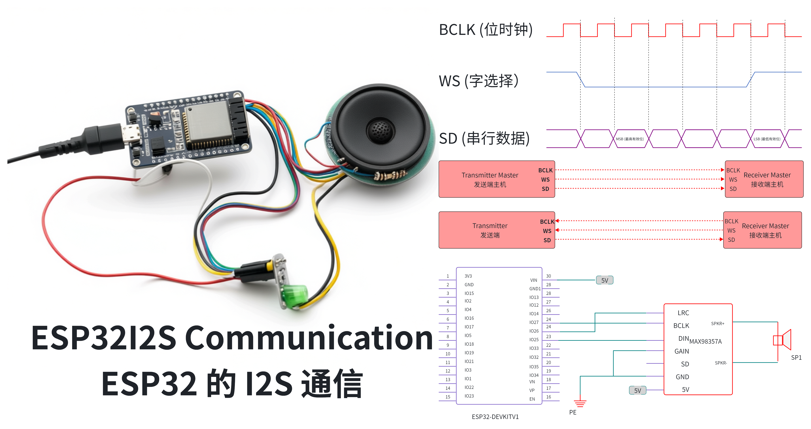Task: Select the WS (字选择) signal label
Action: coord(479,81)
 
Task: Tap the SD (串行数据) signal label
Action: coord(484,138)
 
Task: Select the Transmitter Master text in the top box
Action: coord(490,175)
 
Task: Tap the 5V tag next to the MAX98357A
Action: coord(638,390)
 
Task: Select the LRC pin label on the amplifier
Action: coord(683,313)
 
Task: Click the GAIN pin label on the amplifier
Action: coord(682,351)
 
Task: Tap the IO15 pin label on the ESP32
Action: coord(469,293)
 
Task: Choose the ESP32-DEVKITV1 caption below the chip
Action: coord(495,417)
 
